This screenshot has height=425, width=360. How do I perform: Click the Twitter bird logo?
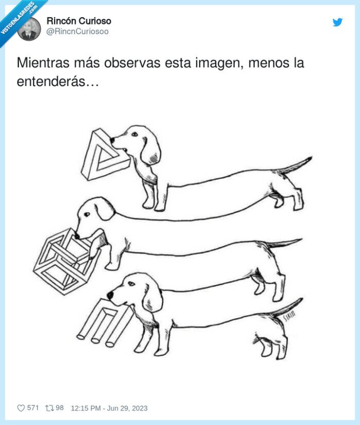(x=337, y=22)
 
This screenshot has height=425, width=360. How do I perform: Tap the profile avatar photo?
(x=29, y=29)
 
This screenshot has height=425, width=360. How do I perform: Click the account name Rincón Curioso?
(x=79, y=21)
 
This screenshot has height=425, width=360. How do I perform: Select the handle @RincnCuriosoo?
(x=77, y=31)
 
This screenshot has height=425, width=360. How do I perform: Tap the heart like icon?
(x=21, y=408)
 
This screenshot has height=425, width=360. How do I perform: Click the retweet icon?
(x=49, y=408)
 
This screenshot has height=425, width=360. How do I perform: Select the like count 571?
(x=33, y=408)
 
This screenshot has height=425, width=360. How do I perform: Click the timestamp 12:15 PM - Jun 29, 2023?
(x=109, y=408)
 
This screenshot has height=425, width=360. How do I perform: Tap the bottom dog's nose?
(x=110, y=295)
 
